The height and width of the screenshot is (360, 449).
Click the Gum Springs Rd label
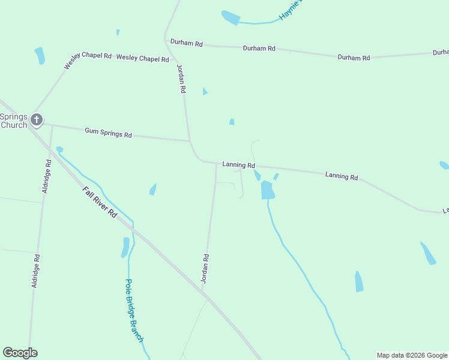click(x=108, y=133)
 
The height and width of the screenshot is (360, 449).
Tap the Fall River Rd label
click(x=99, y=202)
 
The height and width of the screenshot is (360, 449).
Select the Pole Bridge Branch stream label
click(x=134, y=310)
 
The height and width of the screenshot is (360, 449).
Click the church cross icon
click(x=37, y=119)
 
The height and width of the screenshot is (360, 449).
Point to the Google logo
click(x=20, y=353)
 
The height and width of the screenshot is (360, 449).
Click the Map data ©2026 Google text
click(x=412, y=355)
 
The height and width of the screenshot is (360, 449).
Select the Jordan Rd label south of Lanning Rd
click(x=205, y=268)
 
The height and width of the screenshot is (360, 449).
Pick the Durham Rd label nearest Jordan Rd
click(x=187, y=43)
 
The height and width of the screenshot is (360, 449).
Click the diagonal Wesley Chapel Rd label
click(x=88, y=61)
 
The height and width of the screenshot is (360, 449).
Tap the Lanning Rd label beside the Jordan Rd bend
click(x=239, y=164)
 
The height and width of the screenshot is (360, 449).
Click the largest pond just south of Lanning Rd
click(x=267, y=190)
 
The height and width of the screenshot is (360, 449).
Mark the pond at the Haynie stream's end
click(x=230, y=17)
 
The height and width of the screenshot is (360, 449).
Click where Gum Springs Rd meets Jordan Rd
click(x=190, y=142)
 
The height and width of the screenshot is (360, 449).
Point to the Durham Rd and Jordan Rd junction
click(x=166, y=41)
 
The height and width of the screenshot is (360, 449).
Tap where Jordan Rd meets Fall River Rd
click(x=202, y=292)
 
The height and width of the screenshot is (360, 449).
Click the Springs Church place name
click(x=14, y=121)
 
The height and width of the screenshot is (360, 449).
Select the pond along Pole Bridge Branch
click(x=125, y=247)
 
